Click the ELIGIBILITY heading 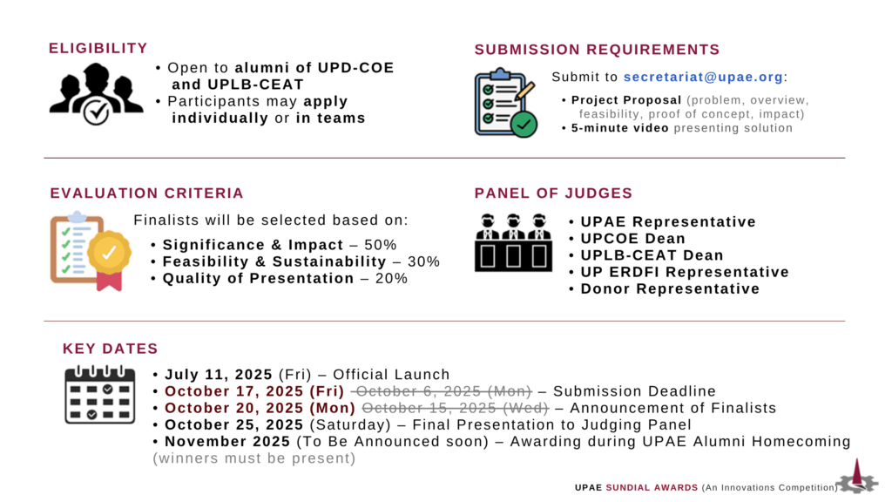click(x=98, y=49)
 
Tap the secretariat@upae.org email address click(x=703, y=77)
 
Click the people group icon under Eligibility click(x=96, y=93)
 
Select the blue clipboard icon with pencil click(x=506, y=103)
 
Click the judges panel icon click(x=513, y=242)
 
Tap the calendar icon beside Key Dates click(x=99, y=395)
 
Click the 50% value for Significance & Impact click(x=381, y=245)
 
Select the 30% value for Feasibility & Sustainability click(x=424, y=261)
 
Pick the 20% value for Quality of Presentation click(x=391, y=278)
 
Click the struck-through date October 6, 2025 click(x=442, y=391)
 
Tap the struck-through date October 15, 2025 click(x=456, y=408)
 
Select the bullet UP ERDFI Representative click(x=685, y=272)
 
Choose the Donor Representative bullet click(x=670, y=289)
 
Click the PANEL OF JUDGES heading click(x=553, y=193)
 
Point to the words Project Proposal click(x=626, y=100)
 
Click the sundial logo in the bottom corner click(x=857, y=477)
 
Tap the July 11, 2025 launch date click(x=219, y=375)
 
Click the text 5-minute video click(x=620, y=128)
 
